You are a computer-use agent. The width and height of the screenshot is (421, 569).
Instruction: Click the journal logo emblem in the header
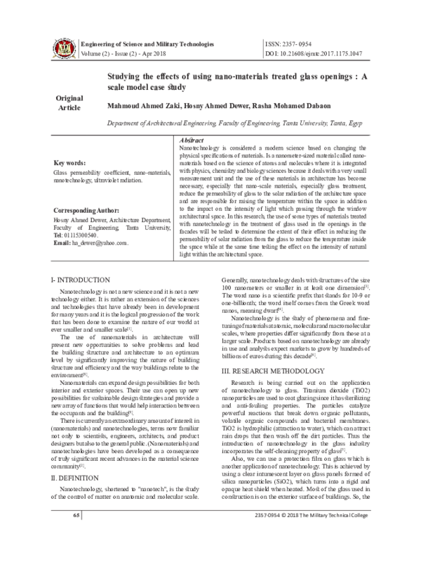point(62,47)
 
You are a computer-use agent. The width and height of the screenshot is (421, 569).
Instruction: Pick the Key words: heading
point(72,163)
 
